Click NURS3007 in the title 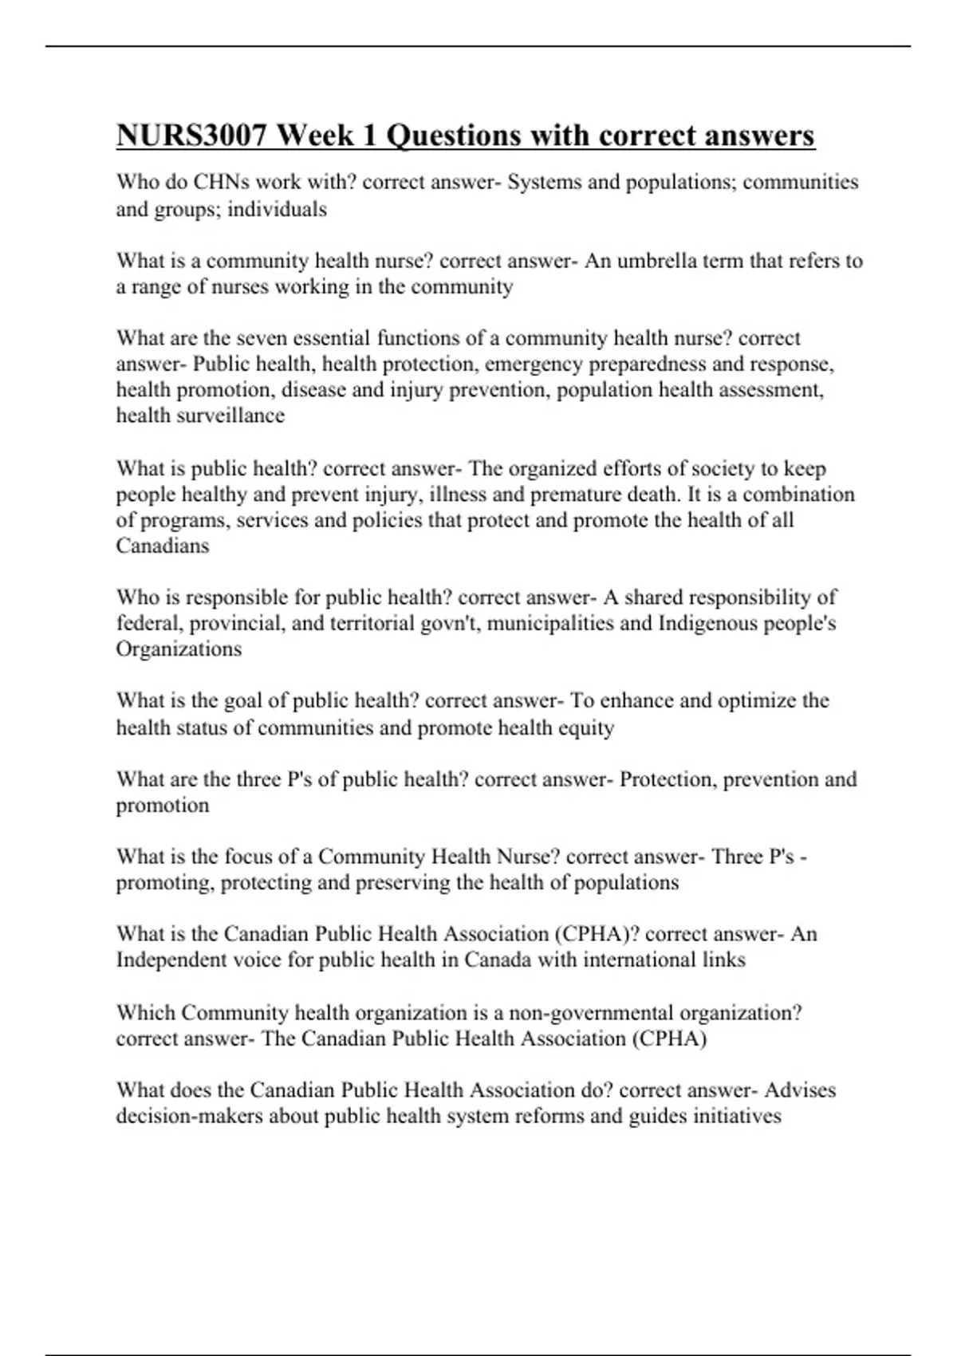pyautogui.click(x=192, y=136)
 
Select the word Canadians pyautogui.click(x=163, y=546)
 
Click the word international pyautogui.click(x=640, y=960)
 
